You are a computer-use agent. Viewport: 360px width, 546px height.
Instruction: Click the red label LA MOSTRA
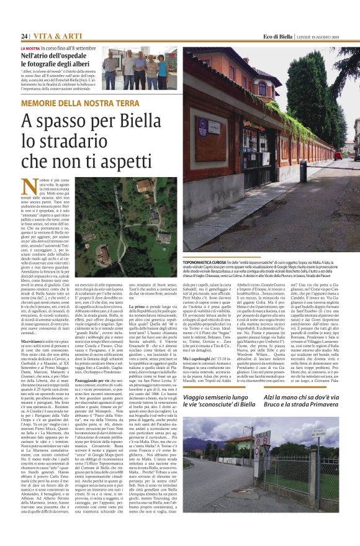30,48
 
